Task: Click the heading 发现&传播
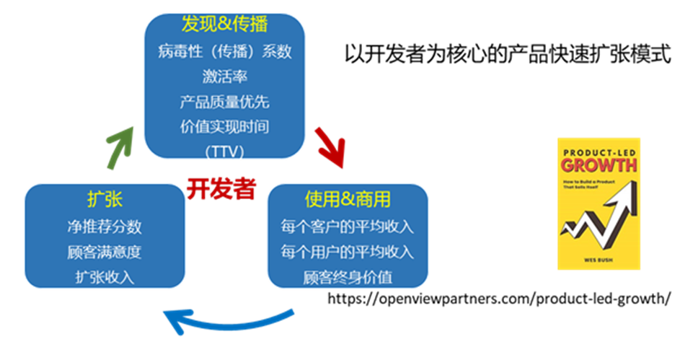(x=224, y=25)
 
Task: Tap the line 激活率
(x=224, y=76)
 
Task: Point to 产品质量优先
(x=224, y=102)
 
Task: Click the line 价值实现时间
(x=224, y=127)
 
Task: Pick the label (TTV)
(x=224, y=151)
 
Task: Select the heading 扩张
(x=104, y=200)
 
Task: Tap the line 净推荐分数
(x=104, y=227)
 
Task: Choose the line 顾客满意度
(x=104, y=252)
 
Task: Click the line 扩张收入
(x=104, y=277)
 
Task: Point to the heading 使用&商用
(x=348, y=200)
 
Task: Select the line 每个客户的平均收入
(x=348, y=227)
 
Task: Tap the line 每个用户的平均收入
(x=348, y=252)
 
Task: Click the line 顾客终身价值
(x=348, y=277)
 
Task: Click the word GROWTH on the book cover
(x=599, y=164)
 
